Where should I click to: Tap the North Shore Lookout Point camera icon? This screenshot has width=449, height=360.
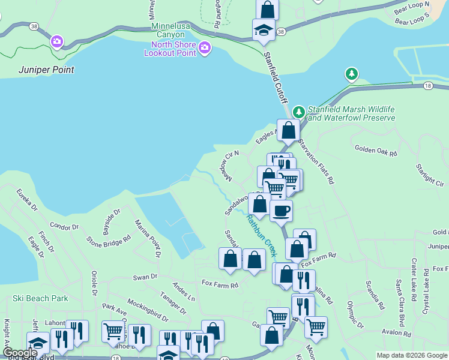(x=205, y=47)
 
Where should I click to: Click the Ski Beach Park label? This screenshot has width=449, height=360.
(x=40, y=298)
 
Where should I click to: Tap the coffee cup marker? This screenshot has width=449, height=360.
(x=281, y=211)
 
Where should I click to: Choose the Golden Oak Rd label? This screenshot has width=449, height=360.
(x=376, y=153)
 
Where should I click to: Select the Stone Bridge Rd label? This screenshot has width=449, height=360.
(x=109, y=240)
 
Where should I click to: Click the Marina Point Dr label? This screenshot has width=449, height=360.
(x=148, y=238)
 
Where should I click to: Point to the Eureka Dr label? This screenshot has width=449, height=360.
(x=27, y=200)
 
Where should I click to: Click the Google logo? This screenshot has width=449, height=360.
(x=20, y=353)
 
